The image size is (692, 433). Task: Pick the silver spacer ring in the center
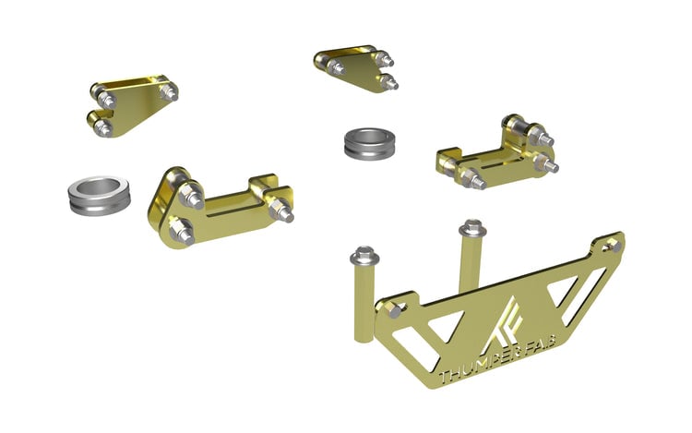366,144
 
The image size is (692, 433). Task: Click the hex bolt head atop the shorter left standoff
364,253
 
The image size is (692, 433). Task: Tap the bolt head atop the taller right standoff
471,227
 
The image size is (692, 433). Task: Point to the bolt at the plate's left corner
393,311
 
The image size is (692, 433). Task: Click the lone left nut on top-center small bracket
338,66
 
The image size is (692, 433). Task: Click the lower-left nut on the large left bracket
181,231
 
